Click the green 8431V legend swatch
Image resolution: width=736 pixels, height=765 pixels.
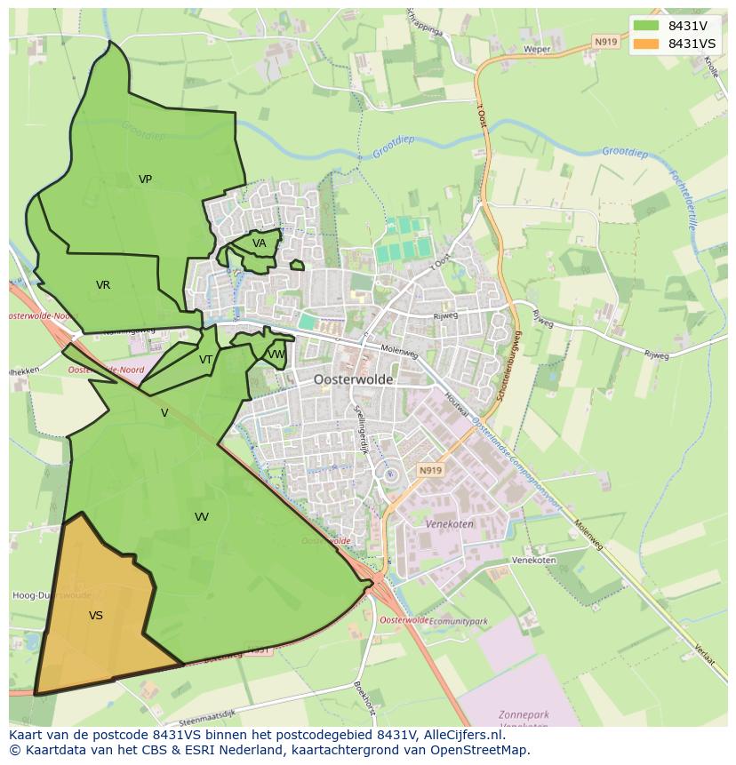(646, 26)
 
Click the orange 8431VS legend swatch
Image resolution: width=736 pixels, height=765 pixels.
(646, 44)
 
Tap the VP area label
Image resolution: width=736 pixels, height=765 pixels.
(145, 179)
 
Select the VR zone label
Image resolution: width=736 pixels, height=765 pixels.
(103, 285)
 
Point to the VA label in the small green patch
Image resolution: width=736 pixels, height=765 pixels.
(259, 243)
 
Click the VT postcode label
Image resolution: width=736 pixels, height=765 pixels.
(205, 360)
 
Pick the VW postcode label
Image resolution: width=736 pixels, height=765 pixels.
(276, 355)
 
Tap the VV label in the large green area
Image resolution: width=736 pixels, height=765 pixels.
(202, 516)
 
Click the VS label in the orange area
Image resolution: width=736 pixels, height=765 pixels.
(96, 615)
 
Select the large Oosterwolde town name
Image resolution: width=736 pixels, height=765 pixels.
(353, 379)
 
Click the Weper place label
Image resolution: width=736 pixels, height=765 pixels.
(537, 50)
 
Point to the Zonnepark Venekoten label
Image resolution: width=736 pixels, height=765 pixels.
(524, 720)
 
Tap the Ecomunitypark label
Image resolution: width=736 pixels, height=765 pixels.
(459, 621)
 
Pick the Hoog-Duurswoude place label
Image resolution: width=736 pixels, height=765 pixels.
(51, 595)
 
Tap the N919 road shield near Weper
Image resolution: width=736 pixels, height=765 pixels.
(605, 42)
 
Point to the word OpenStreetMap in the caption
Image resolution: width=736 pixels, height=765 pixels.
(481, 750)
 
